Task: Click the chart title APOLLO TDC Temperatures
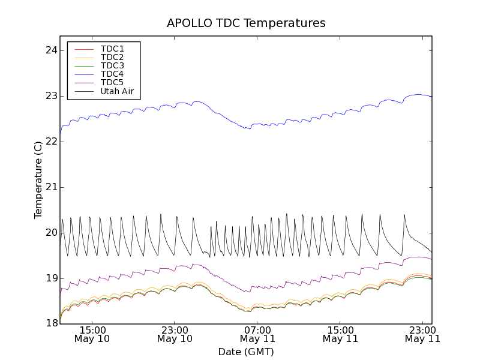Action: [x=246, y=23]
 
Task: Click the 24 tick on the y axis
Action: [x=51, y=50]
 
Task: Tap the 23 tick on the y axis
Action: [x=51, y=96]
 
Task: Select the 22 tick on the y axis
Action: [x=51, y=142]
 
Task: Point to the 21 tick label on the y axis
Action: [x=51, y=187]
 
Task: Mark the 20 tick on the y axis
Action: [x=51, y=233]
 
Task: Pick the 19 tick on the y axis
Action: [x=51, y=278]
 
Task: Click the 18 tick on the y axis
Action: [x=51, y=324]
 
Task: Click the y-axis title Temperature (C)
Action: [x=38, y=180]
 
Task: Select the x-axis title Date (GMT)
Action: [x=246, y=352]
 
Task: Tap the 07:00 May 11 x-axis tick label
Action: [x=257, y=334]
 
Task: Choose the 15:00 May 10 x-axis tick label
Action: [x=92, y=334]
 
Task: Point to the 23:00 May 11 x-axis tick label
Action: [x=422, y=334]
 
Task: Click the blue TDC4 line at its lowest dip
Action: [x=248, y=129]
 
